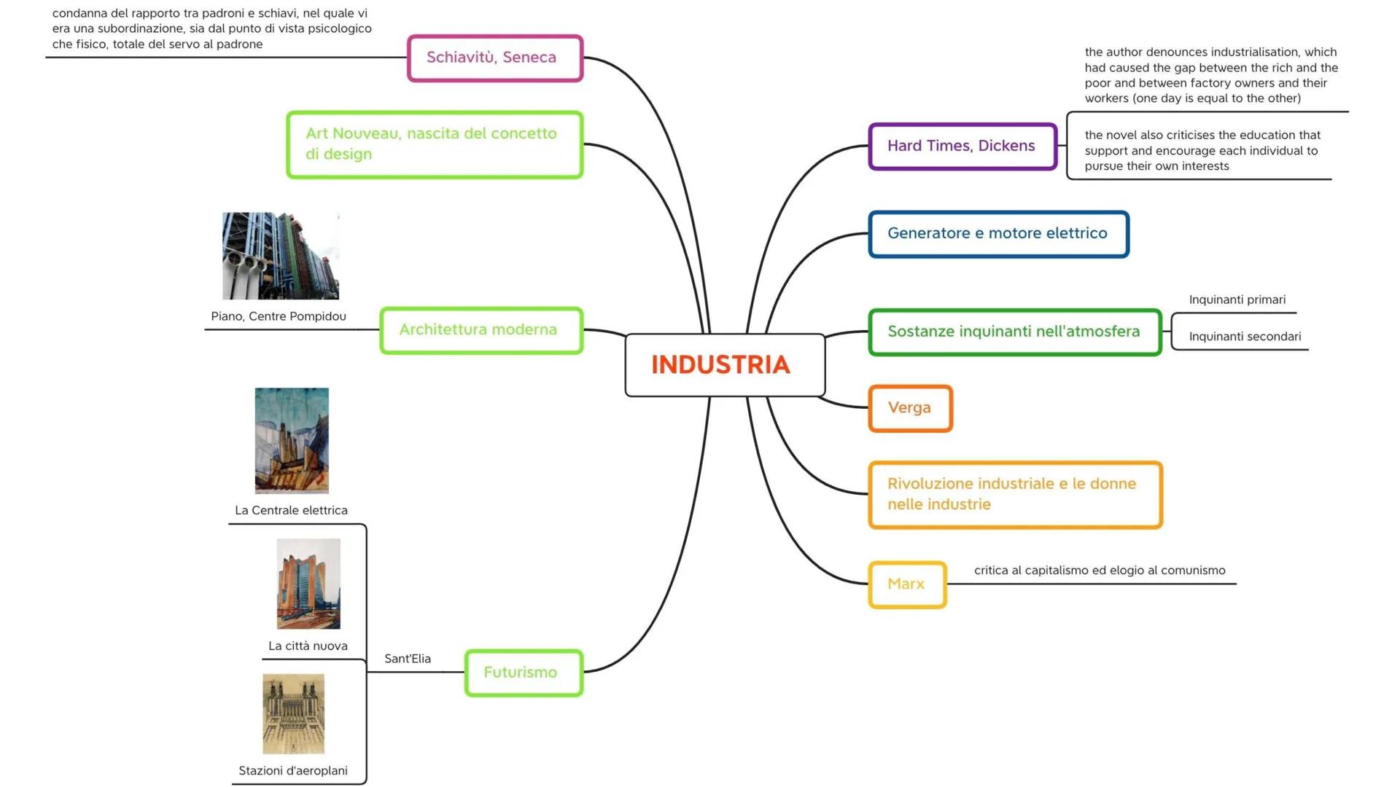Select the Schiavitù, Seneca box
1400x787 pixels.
coord(494,58)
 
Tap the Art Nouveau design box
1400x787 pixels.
coord(435,144)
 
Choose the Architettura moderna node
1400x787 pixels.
coord(481,330)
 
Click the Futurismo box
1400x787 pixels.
coord(523,672)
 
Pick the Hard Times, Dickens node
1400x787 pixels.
coord(962,146)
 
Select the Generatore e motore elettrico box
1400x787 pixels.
coord(997,234)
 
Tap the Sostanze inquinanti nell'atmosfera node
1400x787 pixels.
coord(1014,332)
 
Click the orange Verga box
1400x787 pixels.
coord(910,408)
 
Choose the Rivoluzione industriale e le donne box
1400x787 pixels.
coord(1014,494)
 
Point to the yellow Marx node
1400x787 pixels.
coord(906,584)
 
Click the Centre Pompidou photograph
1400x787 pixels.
coord(281,256)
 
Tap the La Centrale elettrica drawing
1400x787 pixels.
coord(292,440)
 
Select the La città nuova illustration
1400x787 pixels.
coord(308,583)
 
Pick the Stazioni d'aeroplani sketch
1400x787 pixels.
coord(293,713)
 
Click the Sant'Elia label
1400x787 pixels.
coord(408,659)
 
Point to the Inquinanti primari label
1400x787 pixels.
coord(1237,299)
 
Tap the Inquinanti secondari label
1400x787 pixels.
coord(1245,337)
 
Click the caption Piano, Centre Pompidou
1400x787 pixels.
coord(279,316)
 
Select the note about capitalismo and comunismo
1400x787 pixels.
coord(1100,571)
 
